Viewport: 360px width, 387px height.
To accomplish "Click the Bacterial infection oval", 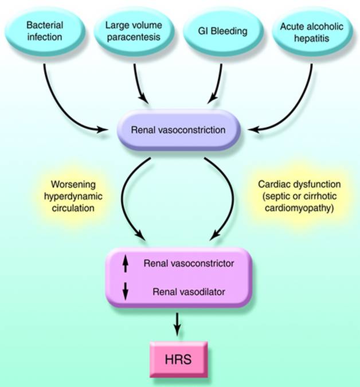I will pyautogui.click(x=44, y=32).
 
